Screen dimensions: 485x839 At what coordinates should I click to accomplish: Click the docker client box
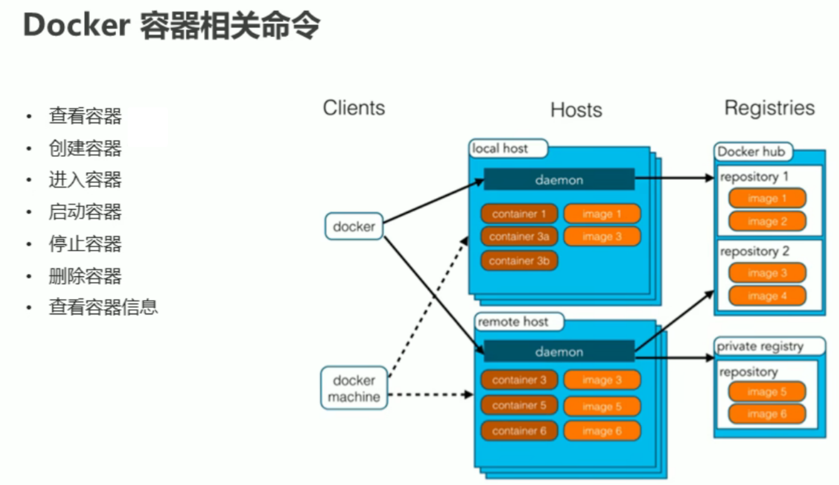click(x=354, y=226)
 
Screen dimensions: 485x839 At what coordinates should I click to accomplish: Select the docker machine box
click(x=354, y=388)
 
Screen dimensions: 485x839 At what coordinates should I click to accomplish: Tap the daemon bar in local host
click(x=559, y=180)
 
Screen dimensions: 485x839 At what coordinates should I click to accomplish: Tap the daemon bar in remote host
click(x=559, y=352)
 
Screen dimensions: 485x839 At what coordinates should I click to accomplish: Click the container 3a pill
click(x=519, y=237)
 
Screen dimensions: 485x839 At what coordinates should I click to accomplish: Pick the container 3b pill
click(x=519, y=261)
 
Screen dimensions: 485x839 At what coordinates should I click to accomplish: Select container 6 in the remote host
click(x=519, y=431)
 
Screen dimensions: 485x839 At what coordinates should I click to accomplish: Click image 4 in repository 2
click(x=767, y=297)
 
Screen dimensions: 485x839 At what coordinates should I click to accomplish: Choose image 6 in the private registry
click(x=767, y=414)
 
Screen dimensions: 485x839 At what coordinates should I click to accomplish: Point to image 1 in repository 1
click(x=767, y=199)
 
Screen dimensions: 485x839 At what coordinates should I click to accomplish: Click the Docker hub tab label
click(x=751, y=152)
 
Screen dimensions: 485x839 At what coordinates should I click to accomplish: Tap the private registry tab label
click(x=760, y=347)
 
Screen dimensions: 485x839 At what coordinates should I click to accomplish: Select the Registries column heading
click(x=769, y=108)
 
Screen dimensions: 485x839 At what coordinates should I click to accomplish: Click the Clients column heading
click(x=354, y=108)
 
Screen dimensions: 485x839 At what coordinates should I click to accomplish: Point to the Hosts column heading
click(x=576, y=110)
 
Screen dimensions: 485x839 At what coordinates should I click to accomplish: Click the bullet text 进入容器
click(x=85, y=180)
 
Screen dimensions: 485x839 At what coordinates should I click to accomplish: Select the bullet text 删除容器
click(x=85, y=276)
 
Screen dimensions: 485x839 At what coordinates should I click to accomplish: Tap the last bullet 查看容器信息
click(x=103, y=307)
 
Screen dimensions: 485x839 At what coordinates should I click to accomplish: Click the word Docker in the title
click(x=76, y=25)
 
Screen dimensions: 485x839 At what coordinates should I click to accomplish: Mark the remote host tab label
click(x=513, y=322)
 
